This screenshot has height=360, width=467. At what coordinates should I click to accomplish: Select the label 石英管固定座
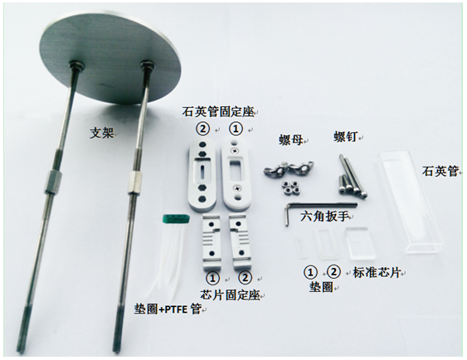pyautogui.click(x=220, y=110)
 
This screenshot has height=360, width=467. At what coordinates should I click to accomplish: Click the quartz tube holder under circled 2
pyautogui.click(x=202, y=171)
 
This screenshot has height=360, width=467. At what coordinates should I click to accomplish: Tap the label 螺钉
pyautogui.click(x=346, y=138)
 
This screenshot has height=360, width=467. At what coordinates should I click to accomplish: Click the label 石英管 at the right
pyautogui.click(x=440, y=172)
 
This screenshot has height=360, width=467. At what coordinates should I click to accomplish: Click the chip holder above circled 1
pyautogui.click(x=213, y=241)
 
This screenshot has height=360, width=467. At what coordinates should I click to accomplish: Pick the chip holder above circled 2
pyautogui.click(x=240, y=241)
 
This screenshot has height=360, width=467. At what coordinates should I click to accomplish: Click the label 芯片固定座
pyautogui.click(x=228, y=294)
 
